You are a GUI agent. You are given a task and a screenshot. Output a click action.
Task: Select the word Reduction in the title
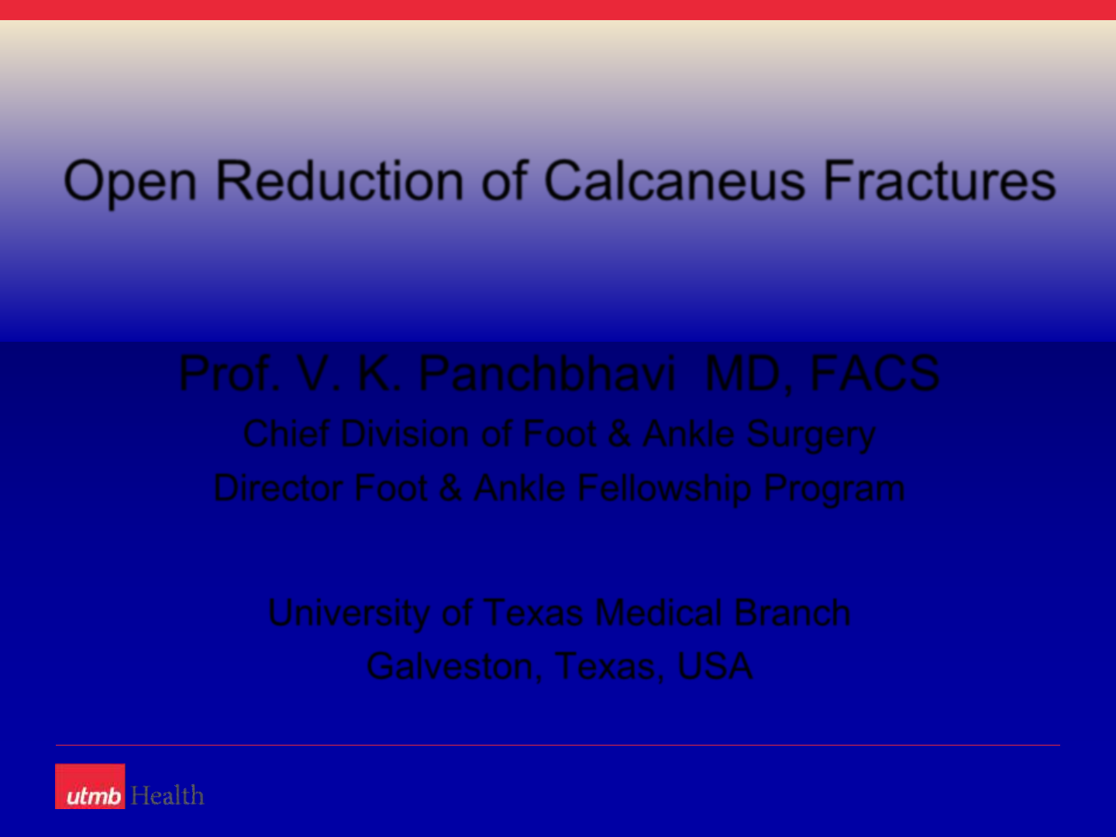(x=339, y=181)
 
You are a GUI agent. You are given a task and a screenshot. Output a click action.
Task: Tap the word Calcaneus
(x=675, y=181)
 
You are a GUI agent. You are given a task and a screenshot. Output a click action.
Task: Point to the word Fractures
(x=939, y=181)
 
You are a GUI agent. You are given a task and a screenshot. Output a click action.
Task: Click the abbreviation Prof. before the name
(x=229, y=374)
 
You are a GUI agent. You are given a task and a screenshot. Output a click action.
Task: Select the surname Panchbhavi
(x=548, y=374)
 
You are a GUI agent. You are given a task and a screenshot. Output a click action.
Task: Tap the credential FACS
(x=874, y=374)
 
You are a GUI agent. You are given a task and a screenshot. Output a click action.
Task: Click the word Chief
(x=286, y=434)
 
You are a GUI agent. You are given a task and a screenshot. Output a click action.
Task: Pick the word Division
(x=405, y=434)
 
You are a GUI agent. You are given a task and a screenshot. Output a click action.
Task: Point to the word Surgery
(x=811, y=436)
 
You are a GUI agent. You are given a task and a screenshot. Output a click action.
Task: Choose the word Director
(x=278, y=488)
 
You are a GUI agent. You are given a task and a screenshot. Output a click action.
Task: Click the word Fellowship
(x=664, y=490)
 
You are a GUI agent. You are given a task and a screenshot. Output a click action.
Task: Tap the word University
(x=349, y=614)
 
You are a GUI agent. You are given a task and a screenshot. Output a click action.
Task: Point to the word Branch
(x=792, y=612)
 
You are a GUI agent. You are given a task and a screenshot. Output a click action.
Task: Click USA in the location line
(x=715, y=666)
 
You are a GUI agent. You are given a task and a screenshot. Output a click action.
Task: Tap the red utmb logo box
(x=90, y=786)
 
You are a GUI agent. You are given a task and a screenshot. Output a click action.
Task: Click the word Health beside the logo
(x=167, y=795)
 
